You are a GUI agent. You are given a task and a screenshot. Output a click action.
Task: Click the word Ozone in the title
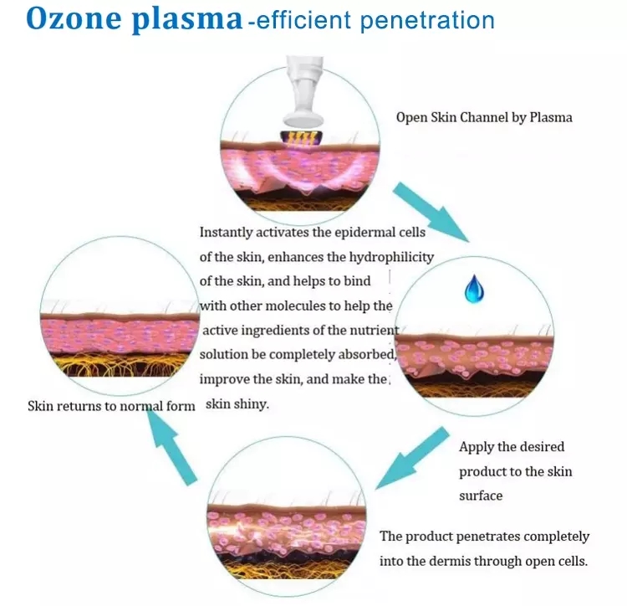(74, 18)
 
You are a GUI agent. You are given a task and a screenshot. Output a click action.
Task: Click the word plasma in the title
(187, 20)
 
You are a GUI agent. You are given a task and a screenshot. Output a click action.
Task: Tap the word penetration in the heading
(427, 21)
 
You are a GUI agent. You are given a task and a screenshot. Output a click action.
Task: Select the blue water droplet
(474, 289)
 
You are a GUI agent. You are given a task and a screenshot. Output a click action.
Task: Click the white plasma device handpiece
(303, 92)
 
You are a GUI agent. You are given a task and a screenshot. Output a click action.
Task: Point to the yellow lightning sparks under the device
(301, 139)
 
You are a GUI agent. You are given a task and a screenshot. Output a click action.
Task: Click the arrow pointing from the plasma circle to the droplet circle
(431, 212)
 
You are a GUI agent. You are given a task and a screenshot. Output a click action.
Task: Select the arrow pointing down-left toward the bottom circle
(412, 458)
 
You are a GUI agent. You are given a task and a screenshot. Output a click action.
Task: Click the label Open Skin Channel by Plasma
(484, 117)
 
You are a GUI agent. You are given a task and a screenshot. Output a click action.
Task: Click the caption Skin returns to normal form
(111, 406)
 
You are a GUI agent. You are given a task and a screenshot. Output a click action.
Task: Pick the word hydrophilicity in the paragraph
(391, 257)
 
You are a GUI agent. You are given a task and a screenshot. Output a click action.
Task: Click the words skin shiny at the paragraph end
(237, 404)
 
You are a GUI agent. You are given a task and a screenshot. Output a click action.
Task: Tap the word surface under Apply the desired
(481, 496)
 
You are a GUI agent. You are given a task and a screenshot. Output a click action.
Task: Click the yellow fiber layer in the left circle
(120, 366)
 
